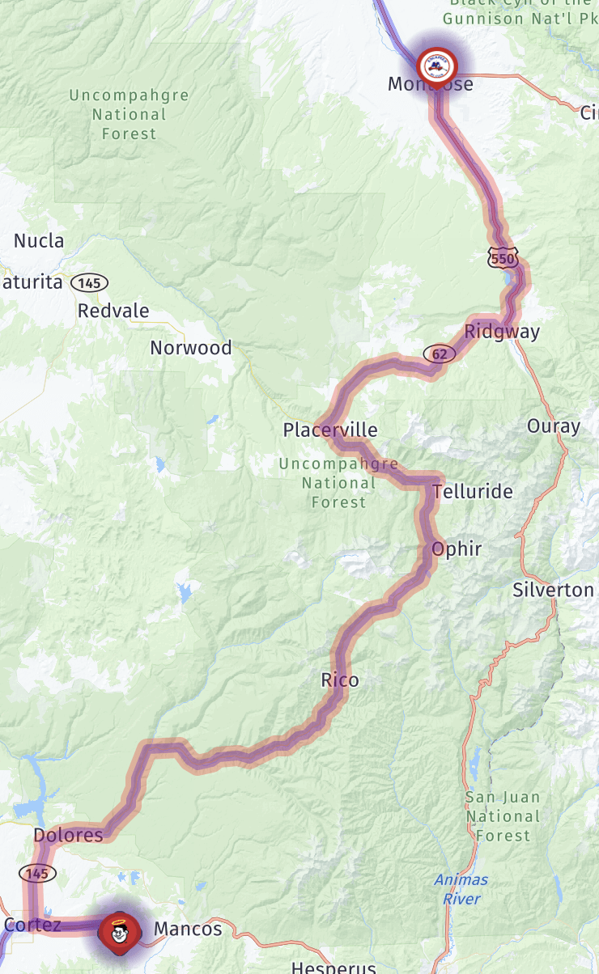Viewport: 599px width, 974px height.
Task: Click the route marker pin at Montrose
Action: click(436, 65)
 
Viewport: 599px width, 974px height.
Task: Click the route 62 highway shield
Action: click(439, 354)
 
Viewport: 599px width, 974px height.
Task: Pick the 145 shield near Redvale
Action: click(89, 283)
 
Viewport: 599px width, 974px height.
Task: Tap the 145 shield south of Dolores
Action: click(36, 873)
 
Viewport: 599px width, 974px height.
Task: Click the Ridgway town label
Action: click(502, 332)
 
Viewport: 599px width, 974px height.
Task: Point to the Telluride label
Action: click(473, 492)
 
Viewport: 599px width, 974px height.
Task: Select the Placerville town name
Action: click(330, 430)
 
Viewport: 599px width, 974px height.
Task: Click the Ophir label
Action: click(457, 549)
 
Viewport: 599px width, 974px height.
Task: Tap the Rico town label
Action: click(340, 680)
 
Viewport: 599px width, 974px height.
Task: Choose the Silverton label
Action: click(554, 591)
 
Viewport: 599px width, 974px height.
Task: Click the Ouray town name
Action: click(554, 426)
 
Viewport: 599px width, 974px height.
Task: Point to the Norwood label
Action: click(191, 348)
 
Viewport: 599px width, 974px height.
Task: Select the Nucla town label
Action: click(39, 241)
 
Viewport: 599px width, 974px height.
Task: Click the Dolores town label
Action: click(68, 835)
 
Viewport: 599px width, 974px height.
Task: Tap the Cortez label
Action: click(32, 925)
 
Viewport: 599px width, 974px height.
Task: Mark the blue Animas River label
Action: click(461, 888)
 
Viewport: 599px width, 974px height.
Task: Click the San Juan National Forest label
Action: click(502, 816)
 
